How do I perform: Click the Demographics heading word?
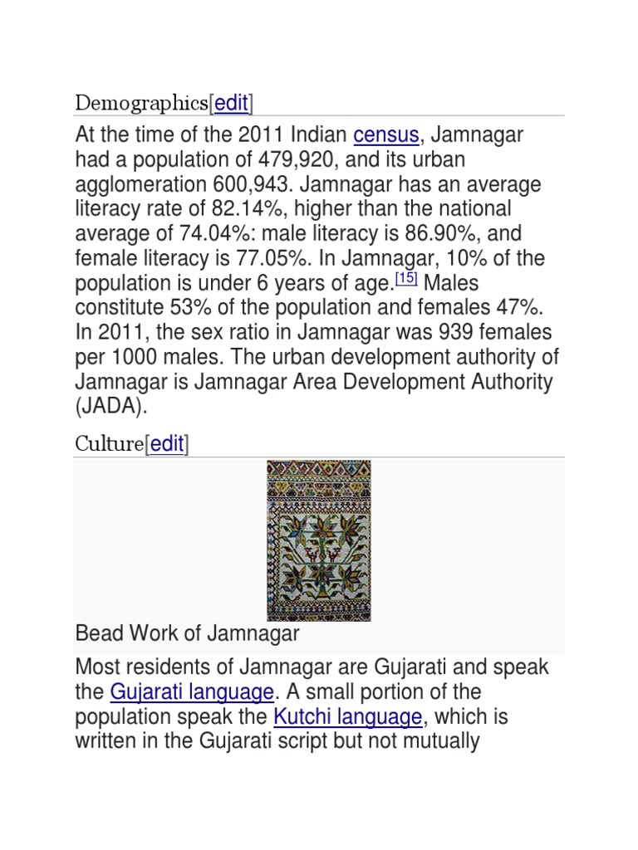coord(141,104)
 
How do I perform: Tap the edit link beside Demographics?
coord(232,104)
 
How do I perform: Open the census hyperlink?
coord(386,134)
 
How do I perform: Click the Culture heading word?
coord(109,444)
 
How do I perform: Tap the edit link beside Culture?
coord(167,444)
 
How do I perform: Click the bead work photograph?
coord(318,540)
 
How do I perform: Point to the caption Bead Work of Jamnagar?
coord(187,634)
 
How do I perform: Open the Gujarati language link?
coord(192,692)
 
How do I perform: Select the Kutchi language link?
coord(348,717)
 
